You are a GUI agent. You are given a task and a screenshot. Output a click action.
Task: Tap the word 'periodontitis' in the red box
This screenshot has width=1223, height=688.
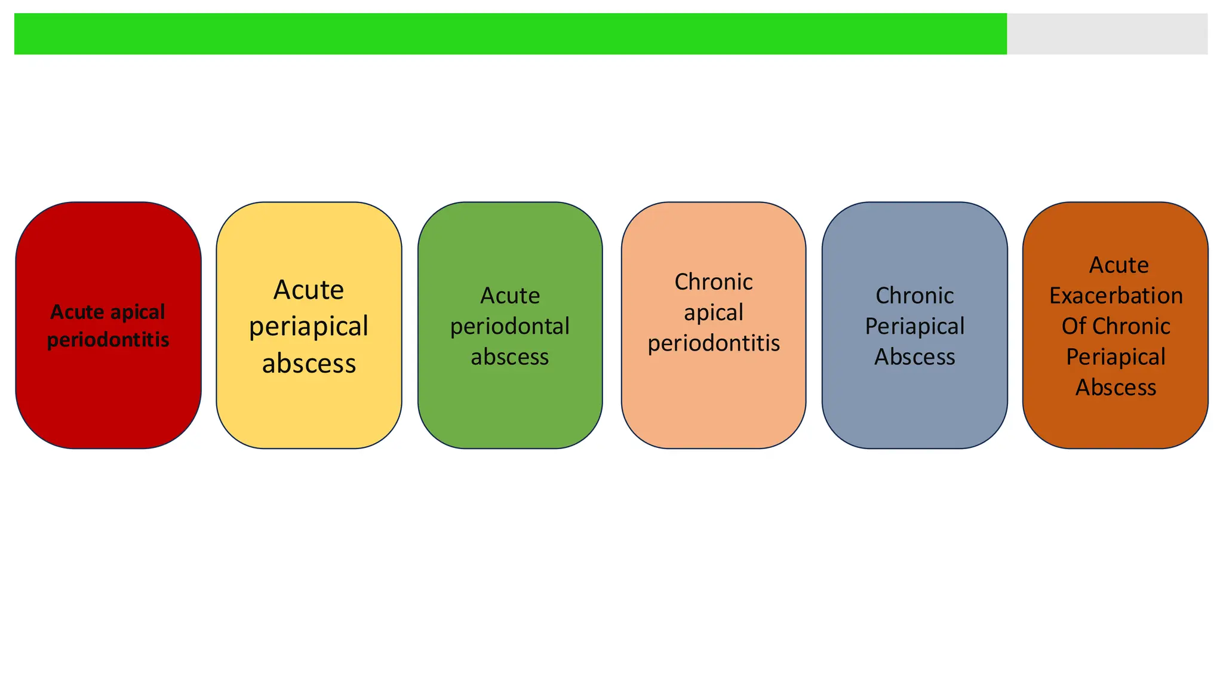(x=108, y=340)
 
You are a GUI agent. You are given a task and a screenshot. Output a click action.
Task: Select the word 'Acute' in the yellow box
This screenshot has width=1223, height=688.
(x=309, y=290)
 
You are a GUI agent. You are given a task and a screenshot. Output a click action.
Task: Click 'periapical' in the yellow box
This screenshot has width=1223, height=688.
(x=309, y=327)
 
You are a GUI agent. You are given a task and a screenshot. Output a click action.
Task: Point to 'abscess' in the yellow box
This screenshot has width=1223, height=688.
(x=309, y=363)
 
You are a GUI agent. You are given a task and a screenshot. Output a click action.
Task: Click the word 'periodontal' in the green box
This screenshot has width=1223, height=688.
(x=509, y=327)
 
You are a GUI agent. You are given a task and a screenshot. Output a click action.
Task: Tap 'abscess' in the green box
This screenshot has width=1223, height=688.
(x=509, y=357)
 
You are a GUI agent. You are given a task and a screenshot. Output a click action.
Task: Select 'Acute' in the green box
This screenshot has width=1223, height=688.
(x=509, y=296)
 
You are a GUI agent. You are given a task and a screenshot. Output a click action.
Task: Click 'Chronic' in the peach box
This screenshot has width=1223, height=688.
(x=713, y=282)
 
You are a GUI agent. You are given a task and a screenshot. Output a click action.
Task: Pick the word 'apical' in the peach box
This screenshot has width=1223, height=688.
(x=713, y=312)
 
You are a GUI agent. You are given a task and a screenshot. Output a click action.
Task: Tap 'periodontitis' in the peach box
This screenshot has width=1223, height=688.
(x=713, y=343)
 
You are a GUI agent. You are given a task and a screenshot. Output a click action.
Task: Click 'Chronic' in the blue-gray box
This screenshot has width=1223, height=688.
(x=914, y=296)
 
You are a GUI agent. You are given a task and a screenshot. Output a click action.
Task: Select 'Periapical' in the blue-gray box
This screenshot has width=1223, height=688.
(x=914, y=327)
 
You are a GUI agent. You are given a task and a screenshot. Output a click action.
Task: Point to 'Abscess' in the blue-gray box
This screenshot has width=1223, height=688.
(x=914, y=357)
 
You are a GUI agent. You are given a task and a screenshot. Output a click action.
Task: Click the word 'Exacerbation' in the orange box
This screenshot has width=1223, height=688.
(x=1116, y=296)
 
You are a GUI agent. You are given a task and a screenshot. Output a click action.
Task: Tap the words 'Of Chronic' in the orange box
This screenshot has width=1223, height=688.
(x=1116, y=327)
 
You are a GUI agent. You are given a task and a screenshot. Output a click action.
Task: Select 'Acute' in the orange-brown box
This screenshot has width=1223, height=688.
(x=1118, y=265)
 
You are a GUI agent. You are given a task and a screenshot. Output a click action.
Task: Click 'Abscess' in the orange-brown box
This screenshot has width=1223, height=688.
(x=1116, y=388)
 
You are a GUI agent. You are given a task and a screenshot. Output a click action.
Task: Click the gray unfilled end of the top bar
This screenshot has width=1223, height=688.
(x=1107, y=34)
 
